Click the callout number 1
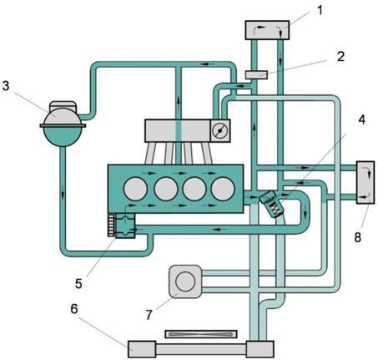pyautogui.click(x=320, y=10)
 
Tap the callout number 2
pyautogui.click(x=340, y=57)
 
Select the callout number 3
pyautogui.click(x=6, y=86)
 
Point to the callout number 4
pyautogui.click(x=361, y=119)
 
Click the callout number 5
pyautogui.click(x=78, y=284)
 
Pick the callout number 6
pyautogui.click(x=74, y=309)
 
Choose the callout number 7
pyautogui.click(x=149, y=315)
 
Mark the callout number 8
pyautogui.click(x=358, y=237)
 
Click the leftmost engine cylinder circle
pyautogui.click(x=135, y=189)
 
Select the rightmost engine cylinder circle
pyautogui.click(x=223, y=189)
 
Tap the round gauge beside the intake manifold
pyautogui.click(x=219, y=130)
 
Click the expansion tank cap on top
pyautogui.click(x=63, y=105)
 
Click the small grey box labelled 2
pyautogui.click(x=256, y=75)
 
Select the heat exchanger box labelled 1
pyautogui.click(x=267, y=30)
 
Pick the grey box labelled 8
pyautogui.click(x=365, y=182)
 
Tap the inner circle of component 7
pyautogui.click(x=185, y=281)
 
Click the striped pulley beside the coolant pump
pyautogui.click(x=111, y=226)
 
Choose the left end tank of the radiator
pyautogui.click(x=142, y=349)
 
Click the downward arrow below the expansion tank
pyautogui.click(x=63, y=193)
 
